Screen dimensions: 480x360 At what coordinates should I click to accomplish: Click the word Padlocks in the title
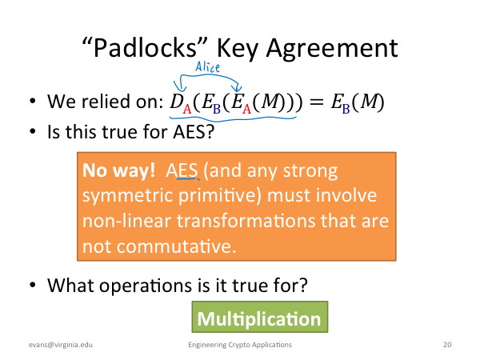[x=145, y=48]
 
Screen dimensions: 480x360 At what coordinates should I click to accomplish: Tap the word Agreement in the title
[x=332, y=49]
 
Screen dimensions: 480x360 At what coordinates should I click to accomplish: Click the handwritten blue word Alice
[x=207, y=67]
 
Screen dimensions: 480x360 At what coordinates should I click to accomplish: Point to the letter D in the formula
[x=177, y=102]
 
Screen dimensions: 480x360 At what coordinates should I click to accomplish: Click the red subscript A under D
[x=187, y=108]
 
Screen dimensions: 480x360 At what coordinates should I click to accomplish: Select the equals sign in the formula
[x=316, y=102]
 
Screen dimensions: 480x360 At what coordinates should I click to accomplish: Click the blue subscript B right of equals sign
[x=346, y=109]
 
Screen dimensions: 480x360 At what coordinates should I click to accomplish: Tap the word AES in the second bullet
[x=194, y=132]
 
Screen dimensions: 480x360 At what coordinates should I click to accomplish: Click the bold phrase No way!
[x=118, y=170]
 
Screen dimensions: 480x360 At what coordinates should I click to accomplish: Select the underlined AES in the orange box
[x=182, y=170]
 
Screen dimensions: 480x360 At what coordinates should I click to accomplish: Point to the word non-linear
[x=126, y=221]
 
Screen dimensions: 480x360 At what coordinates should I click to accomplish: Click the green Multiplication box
[x=259, y=317]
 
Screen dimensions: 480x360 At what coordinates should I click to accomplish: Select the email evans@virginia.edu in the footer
[x=61, y=345]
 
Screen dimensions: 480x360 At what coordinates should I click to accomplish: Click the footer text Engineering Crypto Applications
[x=240, y=345]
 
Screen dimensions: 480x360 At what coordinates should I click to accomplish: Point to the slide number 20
[x=447, y=345]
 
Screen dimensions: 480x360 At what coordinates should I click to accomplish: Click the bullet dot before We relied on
[x=33, y=101]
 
